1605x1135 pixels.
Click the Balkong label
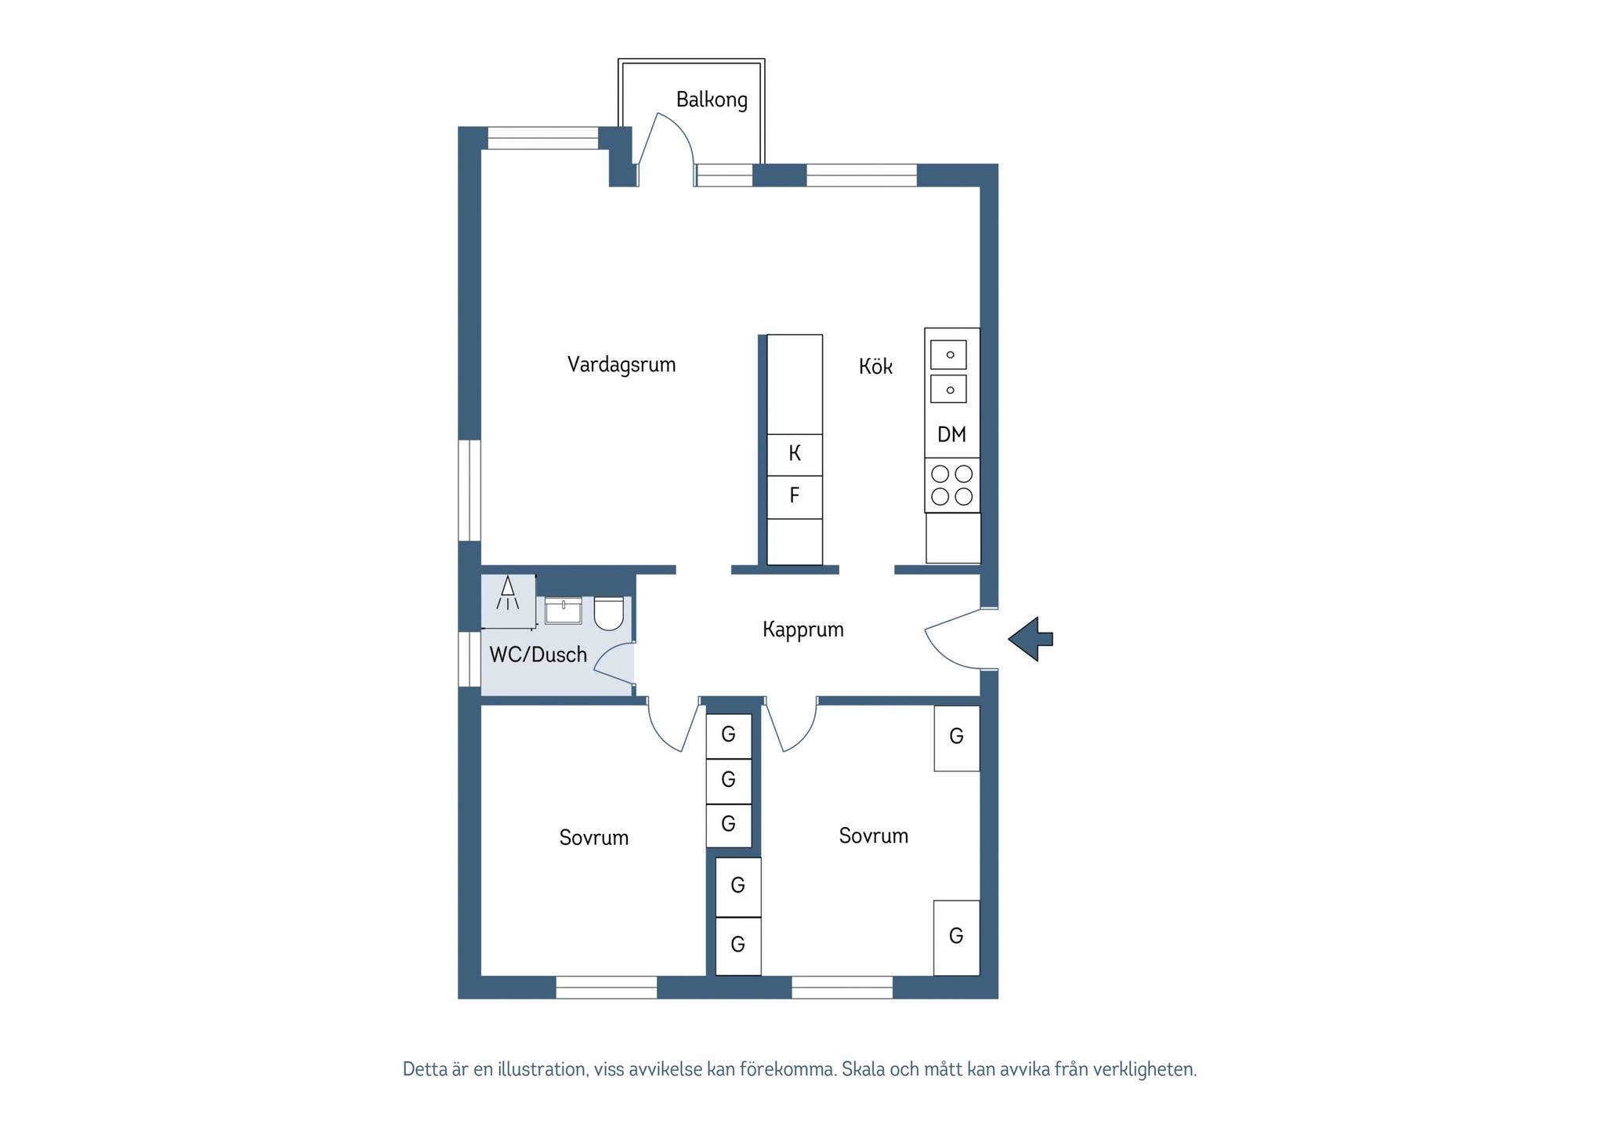[x=712, y=100]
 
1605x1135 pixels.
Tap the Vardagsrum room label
[x=621, y=364]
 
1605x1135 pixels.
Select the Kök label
[x=875, y=366]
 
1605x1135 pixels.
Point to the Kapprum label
[x=803, y=630]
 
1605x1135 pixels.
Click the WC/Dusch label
[x=538, y=655]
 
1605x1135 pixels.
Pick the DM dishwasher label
[x=952, y=434]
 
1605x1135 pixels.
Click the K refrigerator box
[x=795, y=455]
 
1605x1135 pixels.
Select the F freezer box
[x=795, y=497]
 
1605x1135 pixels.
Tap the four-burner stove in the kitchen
[x=952, y=485]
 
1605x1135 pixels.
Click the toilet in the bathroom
[x=609, y=614]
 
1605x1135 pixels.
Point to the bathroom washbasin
[x=563, y=611]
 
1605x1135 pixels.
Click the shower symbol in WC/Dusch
[x=508, y=593]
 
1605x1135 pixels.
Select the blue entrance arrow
[x=1030, y=639]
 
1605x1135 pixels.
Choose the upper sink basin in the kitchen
[x=949, y=354]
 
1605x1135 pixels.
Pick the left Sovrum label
[x=594, y=838]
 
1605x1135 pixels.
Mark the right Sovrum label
[x=874, y=836]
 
